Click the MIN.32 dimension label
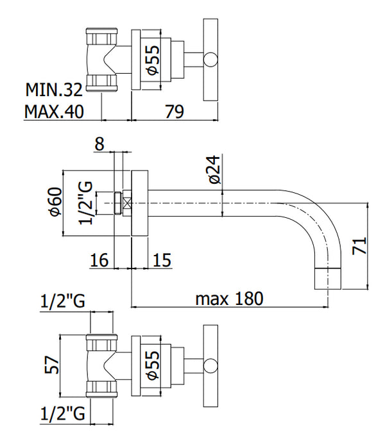54,90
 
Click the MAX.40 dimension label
54,111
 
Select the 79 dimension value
175,111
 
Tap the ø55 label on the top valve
153,60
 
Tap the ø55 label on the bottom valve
153,365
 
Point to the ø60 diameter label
55,202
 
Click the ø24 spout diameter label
214,170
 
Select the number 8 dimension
99,144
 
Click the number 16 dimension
99,260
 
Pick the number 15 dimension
162,260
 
